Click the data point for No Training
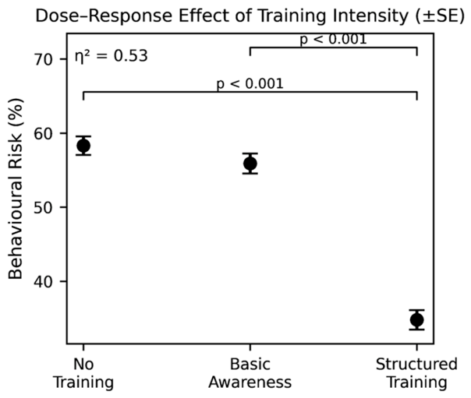(x=83, y=146)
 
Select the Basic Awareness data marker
(x=250, y=164)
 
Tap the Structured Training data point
(x=417, y=319)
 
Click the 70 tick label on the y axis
(x=44, y=60)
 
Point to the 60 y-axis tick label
(x=44, y=133)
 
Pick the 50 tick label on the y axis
(x=44, y=207)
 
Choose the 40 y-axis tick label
(x=44, y=282)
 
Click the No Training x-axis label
(x=83, y=373)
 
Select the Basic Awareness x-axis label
(x=250, y=373)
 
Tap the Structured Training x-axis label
(x=417, y=373)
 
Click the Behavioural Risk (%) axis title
(x=16, y=188)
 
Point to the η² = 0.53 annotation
(x=112, y=56)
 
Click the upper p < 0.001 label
(x=334, y=39)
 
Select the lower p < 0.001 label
(x=250, y=83)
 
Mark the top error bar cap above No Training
(x=83, y=136)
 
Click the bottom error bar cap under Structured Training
(x=417, y=329)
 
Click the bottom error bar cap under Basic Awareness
(x=250, y=174)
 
